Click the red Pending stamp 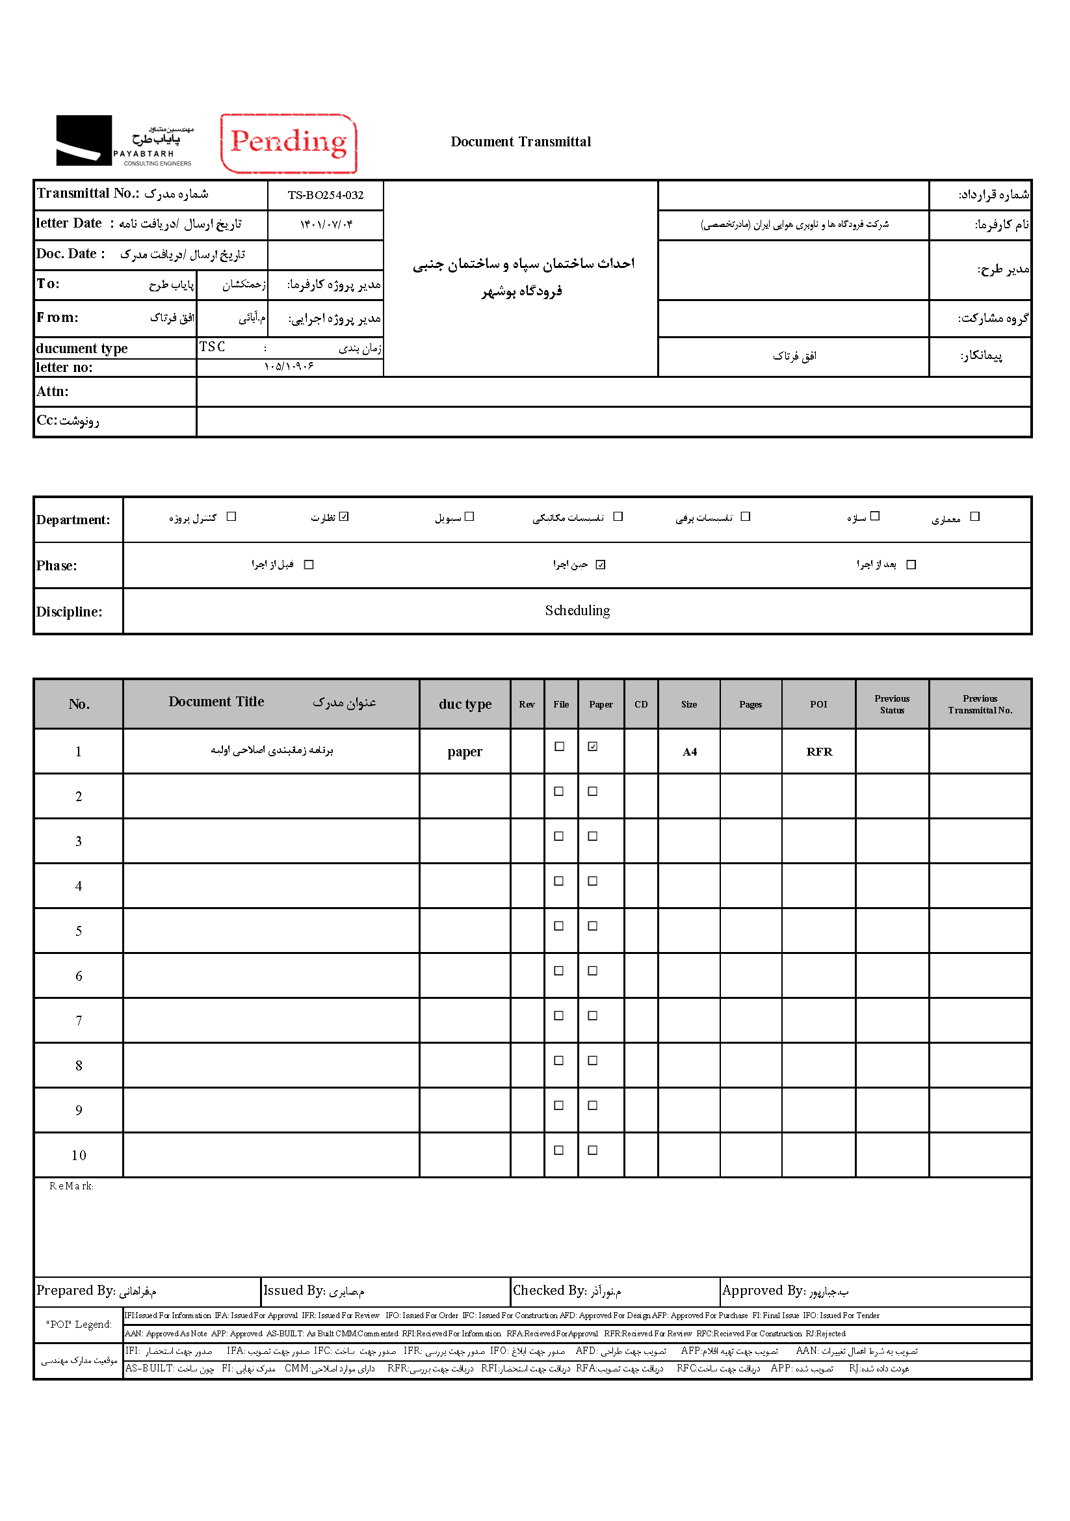click(x=288, y=142)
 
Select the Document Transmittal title click(x=521, y=142)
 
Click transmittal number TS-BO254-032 click(x=325, y=195)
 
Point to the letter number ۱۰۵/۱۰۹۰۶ click(x=289, y=366)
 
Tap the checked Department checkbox click(x=344, y=517)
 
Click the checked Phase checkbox click(x=601, y=564)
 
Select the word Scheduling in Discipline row click(x=577, y=611)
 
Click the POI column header click(x=818, y=704)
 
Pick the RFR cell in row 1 click(x=819, y=752)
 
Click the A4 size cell click(x=689, y=752)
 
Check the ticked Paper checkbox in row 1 click(x=593, y=747)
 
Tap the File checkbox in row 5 click(x=559, y=926)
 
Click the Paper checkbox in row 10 click(x=593, y=1151)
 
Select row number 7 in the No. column click(x=79, y=1021)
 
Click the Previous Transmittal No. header click(x=980, y=704)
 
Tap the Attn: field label click(x=53, y=391)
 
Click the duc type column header click(x=465, y=704)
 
